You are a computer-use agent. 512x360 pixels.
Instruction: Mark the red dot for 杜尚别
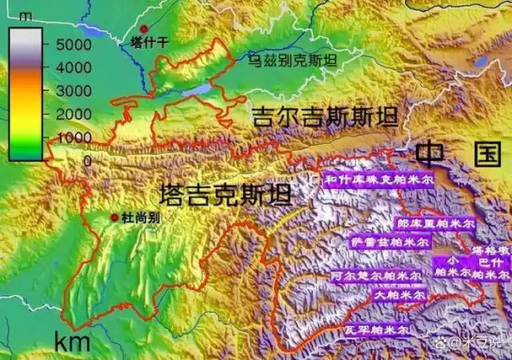click(x=115, y=218)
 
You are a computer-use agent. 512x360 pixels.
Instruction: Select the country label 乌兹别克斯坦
click(x=291, y=61)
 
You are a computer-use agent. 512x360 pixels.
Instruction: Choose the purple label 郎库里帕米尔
click(x=434, y=224)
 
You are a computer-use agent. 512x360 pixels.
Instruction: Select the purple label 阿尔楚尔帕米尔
click(x=375, y=276)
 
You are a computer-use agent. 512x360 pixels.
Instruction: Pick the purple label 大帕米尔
click(x=401, y=296)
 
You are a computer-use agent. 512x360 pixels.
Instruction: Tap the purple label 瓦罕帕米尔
click(x=376, y=330)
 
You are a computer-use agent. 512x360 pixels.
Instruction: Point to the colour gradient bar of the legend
click(x=24, y=92)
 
